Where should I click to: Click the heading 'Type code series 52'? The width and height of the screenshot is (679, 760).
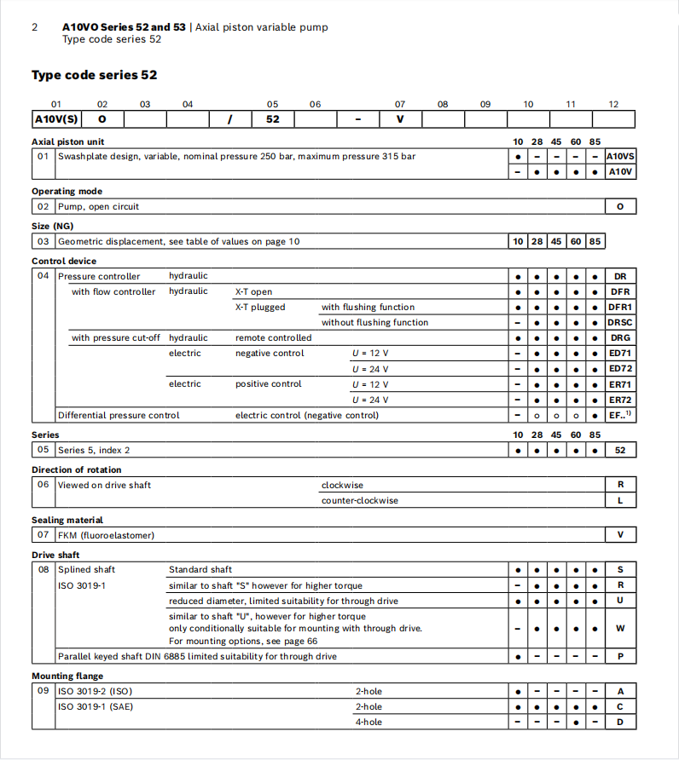tap(94, 75)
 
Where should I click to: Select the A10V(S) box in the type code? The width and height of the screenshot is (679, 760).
tap(56, 119)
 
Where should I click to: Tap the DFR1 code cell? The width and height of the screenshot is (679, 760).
tap(620, 307)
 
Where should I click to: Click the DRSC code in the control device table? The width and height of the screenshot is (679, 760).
tap(620, 322)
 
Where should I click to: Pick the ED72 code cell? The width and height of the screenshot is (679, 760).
tap(620, 368)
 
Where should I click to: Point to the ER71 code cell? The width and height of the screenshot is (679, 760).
tap(620, 383)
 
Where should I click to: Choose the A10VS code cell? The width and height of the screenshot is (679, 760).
tap(620, 156)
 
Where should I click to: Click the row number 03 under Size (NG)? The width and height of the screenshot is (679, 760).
tap(43, 241)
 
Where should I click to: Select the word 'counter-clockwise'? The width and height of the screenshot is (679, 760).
tap(359, 500)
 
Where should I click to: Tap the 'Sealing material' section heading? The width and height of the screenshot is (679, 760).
tap(67, 520)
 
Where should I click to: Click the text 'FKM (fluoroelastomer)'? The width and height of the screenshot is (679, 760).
tap(106, 535)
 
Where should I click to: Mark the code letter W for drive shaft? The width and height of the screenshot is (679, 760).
tap(620, 628)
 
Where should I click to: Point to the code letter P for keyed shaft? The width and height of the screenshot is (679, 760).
tap(620, 656)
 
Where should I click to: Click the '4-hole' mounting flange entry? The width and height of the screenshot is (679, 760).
tap(369, 722)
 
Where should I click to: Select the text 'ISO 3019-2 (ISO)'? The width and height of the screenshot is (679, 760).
tap(95, 691)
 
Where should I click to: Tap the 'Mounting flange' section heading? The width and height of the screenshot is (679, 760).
tap(67, 676)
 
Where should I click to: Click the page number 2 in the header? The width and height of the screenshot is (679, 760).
tap(34, 27)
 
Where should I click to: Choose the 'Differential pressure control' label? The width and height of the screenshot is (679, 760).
tap(119, 415)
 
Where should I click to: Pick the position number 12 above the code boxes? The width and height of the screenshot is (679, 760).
tap(613, 104)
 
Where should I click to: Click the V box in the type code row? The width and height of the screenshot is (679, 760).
tap(400, 119)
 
